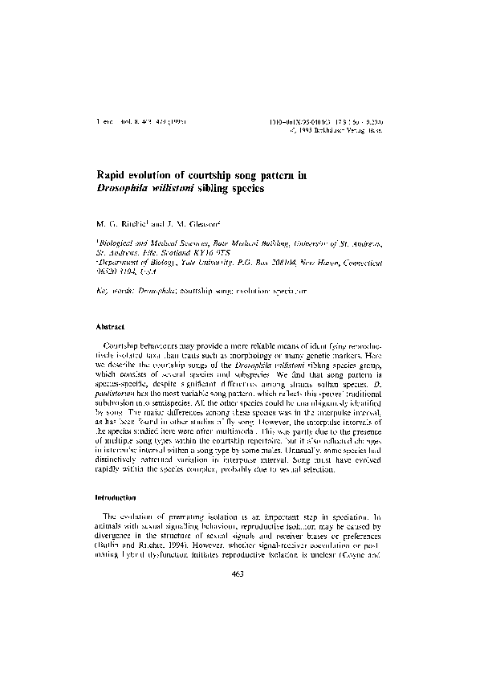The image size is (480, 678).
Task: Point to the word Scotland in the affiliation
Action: click(185, 251)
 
